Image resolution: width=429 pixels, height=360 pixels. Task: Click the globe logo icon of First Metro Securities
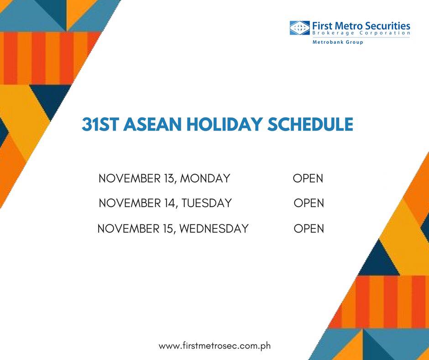point(299,28)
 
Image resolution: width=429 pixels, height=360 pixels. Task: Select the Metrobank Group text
point(338,42)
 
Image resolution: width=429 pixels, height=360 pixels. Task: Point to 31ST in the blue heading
point(100,124)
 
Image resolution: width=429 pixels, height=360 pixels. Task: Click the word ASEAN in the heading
point(152,124)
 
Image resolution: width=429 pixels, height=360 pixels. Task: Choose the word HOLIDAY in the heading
point(225,124)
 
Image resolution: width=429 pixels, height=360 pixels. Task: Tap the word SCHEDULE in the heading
point(310,124)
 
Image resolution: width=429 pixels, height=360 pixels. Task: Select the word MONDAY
point(205,178)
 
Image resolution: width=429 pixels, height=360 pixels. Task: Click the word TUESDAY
point(207,203)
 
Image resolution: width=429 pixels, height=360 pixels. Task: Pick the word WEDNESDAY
point(214,228)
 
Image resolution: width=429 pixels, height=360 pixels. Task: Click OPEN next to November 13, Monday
point(308,178)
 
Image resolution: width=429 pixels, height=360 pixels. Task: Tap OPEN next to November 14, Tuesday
point(309,203)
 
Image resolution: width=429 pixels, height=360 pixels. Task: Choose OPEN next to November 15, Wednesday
point(309,228)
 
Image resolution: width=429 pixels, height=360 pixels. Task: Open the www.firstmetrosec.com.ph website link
point(215,346)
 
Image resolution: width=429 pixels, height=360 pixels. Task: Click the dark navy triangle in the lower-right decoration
point(379,260)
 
